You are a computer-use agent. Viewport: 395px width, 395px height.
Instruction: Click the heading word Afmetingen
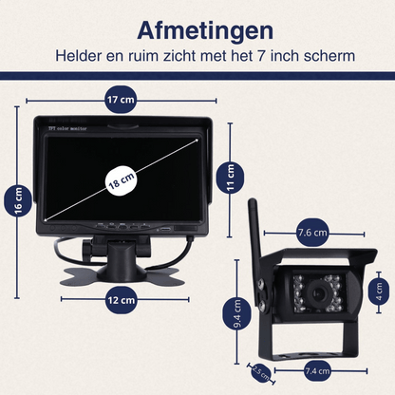197,24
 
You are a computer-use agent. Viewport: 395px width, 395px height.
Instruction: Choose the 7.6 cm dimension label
312,231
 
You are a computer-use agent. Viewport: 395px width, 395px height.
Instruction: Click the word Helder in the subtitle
82,55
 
